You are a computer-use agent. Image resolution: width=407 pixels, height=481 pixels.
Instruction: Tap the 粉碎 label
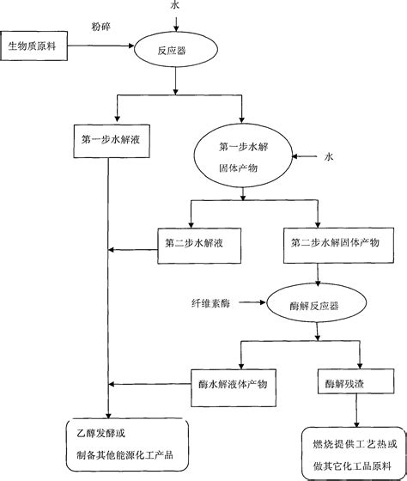coord(101,27)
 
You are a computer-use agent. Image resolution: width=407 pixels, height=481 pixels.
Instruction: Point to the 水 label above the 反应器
coord(177,7)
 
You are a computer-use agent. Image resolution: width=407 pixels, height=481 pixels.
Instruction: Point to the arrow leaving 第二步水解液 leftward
coord(133,250)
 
